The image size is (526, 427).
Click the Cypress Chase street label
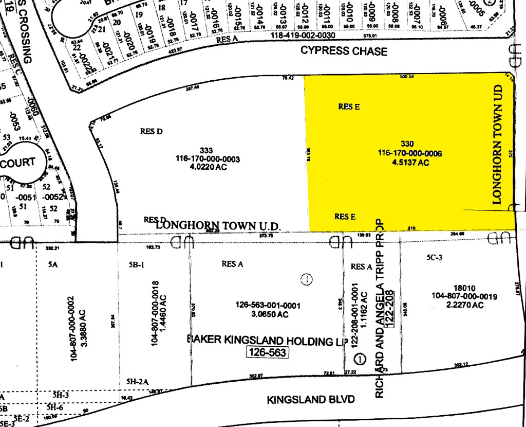click(x=344, y=51)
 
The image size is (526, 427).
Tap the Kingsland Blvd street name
click(x=310, y=400)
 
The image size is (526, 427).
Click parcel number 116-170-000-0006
click(x=410, y=153)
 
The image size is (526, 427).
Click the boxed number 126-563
click(x=267, y=352)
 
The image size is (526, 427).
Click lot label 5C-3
click(x=434, y=257)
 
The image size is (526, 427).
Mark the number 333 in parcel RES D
click(x=206, y=150)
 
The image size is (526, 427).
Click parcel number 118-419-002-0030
click(x=303, y=35)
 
